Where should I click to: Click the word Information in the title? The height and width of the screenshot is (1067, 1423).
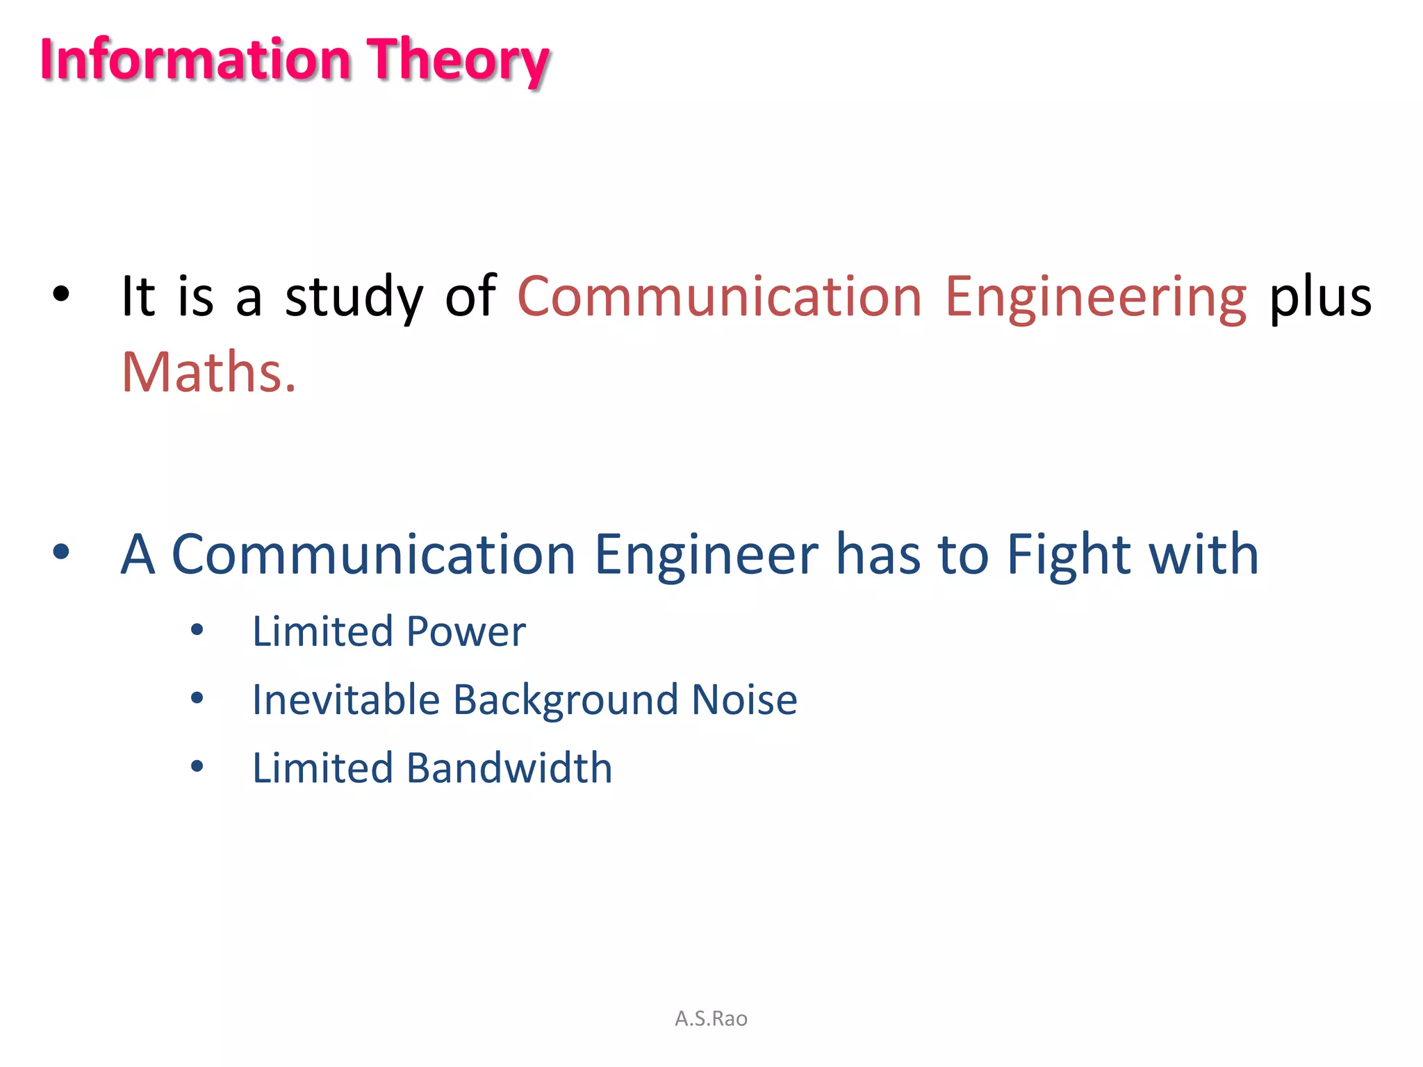coord(195,60)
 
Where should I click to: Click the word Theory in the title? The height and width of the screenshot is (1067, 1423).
coord(458,61)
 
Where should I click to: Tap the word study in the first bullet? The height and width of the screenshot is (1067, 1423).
coord(354,297)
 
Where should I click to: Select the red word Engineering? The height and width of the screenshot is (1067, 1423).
coord(1096,297)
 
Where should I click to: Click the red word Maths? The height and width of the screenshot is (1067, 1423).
coord(208,373)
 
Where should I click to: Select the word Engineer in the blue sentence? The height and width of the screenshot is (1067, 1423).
coord(706,555)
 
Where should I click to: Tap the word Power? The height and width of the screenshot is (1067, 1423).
coord(466,632)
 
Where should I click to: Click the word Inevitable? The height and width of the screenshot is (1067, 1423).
coord(345,700)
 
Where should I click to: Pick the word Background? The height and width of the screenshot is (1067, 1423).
coord(565,700)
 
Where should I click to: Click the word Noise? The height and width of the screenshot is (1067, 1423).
coord(744,700)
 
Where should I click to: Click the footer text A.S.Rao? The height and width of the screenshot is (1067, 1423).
coord(711,1018)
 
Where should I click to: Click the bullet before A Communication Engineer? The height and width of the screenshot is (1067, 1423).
coord(61,552)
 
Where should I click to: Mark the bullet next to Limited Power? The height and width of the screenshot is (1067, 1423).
coord(197,630)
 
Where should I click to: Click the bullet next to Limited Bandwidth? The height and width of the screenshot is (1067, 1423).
coord(197,766)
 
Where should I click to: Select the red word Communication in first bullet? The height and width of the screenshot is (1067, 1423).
coord(719,297)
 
